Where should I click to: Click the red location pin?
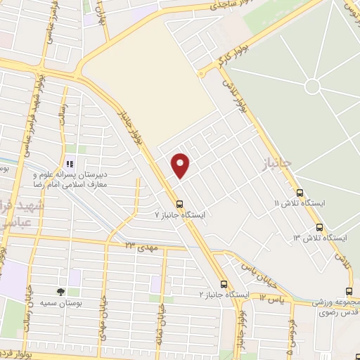[x=181, y=165]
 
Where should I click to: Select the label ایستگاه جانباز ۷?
[x=181, y=215]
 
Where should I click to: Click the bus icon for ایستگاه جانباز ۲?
[x=224, y=285]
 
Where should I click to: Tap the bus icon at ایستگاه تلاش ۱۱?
[x=300, y=192]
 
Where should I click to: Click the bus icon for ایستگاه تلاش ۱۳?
[x=320, y=227]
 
